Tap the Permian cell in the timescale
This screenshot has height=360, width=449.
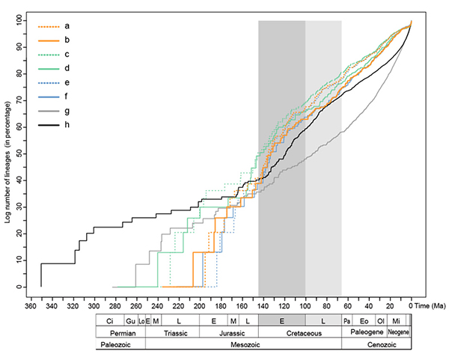click(x=120, y=332)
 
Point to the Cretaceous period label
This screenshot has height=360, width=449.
click(x=299, y=332)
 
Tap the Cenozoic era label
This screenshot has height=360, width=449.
click(x=376, y=344)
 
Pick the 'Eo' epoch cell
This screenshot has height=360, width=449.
click(x=364, y=320)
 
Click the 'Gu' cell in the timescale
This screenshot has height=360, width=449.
click(x=130, y=320)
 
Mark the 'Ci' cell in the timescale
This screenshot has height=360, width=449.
click(x=110, y=320)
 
